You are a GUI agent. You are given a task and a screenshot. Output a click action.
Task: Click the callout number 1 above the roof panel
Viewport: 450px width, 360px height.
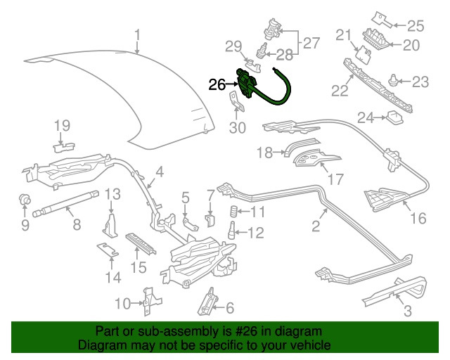(138, 34)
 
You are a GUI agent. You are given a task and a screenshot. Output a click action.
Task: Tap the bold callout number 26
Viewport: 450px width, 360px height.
(217, 85)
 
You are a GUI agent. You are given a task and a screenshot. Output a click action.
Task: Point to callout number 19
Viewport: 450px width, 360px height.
(63, 126)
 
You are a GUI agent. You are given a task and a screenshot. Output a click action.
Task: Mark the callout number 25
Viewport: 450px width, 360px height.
(416, 26)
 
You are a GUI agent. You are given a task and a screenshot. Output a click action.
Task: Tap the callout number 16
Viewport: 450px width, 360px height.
(418, 219)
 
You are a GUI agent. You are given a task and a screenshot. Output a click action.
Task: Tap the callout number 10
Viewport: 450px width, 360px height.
(122, 303)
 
